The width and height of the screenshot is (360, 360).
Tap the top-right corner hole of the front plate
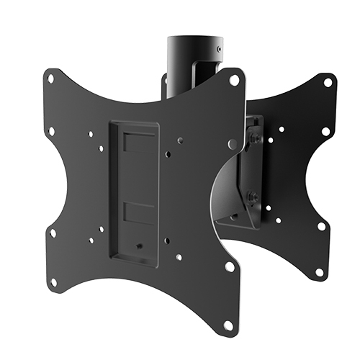coord(234,80)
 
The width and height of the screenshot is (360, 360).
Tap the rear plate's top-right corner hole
coord(328,82)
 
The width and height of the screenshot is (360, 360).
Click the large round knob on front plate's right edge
coord(232,145)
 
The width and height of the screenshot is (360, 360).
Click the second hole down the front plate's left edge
coord(51,131)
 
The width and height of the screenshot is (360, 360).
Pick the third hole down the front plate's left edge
coord(53,233)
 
